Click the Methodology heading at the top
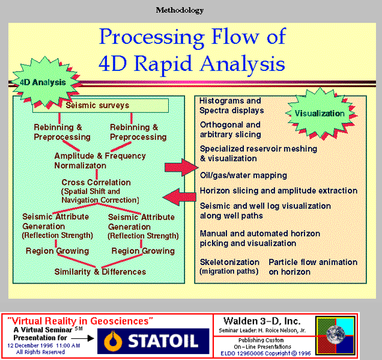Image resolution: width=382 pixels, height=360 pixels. (180, 10)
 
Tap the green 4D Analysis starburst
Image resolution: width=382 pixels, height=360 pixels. (44, 82)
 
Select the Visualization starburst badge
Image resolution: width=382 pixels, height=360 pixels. (320, 114)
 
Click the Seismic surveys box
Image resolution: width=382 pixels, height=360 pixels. (100, 106)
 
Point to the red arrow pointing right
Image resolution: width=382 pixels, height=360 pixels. (181, 167)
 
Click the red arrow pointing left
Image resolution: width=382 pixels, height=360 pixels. (180, 197)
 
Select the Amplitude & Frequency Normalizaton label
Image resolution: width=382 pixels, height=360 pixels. (100, 160)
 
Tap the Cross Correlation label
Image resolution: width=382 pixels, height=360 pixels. (96, 182)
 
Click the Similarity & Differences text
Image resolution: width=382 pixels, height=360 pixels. (100, 272)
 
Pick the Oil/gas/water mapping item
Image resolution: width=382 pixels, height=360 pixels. (243, 175)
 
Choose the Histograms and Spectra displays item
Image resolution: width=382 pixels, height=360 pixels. (231, 106)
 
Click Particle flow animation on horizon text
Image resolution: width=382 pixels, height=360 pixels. (313, 267)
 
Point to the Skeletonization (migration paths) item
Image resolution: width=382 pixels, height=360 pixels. (229, 267)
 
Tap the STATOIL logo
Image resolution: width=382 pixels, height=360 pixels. (153, 341)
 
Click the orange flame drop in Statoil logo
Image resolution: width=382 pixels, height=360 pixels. (113, 341)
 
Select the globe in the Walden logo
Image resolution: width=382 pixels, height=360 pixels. (336, 335)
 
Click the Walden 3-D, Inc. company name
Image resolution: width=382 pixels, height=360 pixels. (262, 322)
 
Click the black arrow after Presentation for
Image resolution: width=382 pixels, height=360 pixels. (83, 338)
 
